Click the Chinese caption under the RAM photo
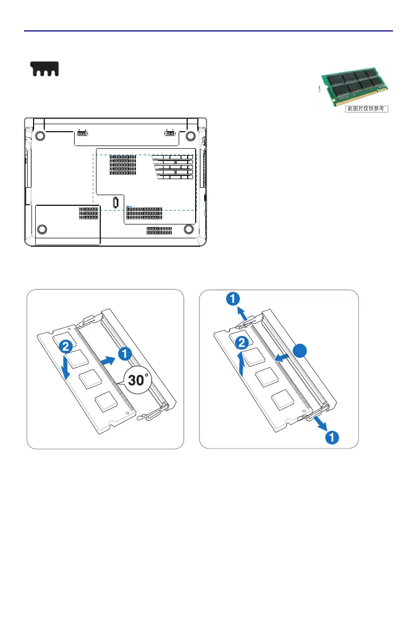pos(365,109)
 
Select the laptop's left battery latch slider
pos(82,133)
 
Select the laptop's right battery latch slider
pos(170,133)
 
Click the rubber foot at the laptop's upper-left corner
pos(40,135)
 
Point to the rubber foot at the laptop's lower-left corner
pos(42,229)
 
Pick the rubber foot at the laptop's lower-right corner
pos(188,229)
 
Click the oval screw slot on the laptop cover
pos(116,203)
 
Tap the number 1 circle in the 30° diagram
pos(123,352)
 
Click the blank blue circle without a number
pos(301,351)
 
